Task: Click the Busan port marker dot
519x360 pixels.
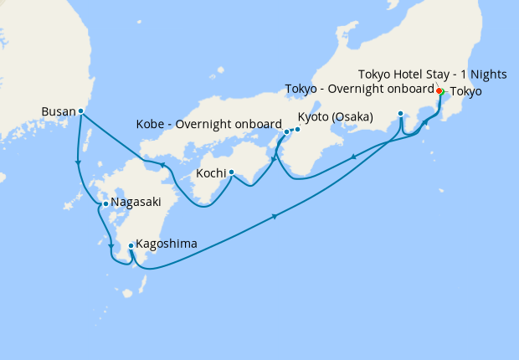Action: [x=80, y=111]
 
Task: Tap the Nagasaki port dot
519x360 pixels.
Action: [x=105, y=203]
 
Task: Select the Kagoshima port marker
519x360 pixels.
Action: [x=131, y=245]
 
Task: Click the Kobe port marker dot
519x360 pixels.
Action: [x=286, y=131]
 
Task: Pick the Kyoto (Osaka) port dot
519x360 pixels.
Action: [x=297, y=129]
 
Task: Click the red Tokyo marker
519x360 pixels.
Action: [x=439, y=90]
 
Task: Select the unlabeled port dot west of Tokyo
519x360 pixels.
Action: [x=401, y=113]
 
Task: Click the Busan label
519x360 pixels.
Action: [x=58, y=111]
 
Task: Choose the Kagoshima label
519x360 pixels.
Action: [x=167, y=244]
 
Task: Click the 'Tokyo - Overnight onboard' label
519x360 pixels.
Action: [x=360, y=89]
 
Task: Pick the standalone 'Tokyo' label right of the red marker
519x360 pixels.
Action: [x=466, y=91]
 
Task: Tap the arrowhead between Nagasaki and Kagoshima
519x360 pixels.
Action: [x=111, y=245]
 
